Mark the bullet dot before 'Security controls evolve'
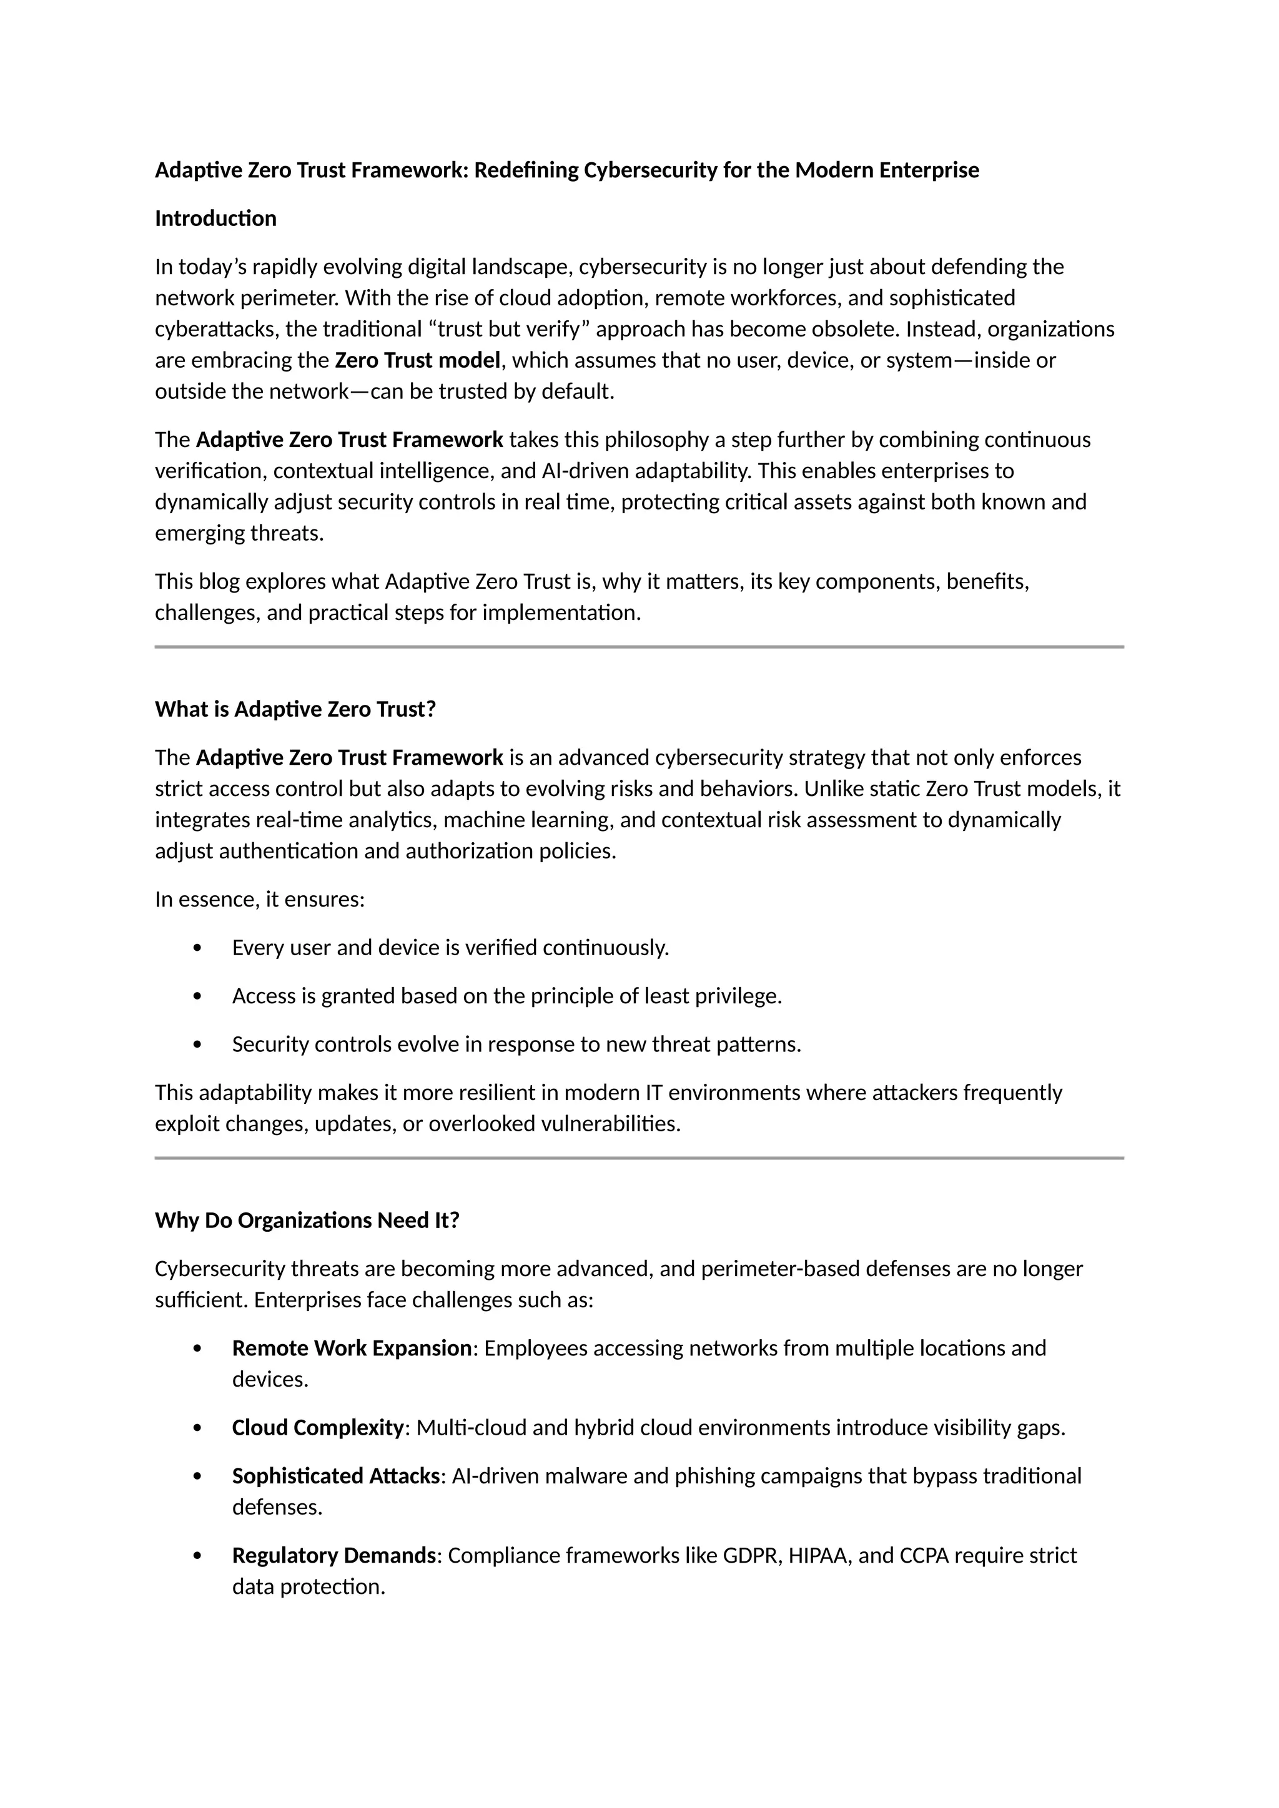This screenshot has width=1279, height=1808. point(197,1044)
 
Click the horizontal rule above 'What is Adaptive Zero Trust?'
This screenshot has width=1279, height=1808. point(639,647)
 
